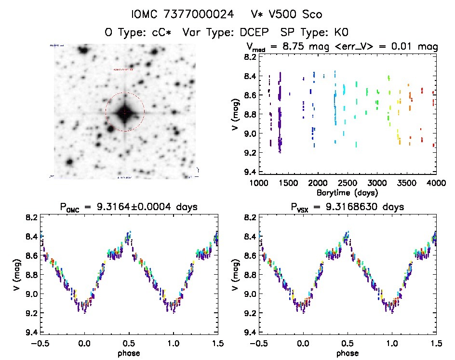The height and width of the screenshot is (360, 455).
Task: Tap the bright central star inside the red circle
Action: point(125,112)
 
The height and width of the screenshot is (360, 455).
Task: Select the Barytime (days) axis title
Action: point(347,192)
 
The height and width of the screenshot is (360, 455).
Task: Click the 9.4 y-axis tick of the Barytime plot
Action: point(250,172)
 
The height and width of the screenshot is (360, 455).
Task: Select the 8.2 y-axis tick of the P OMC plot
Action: point(31,217)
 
